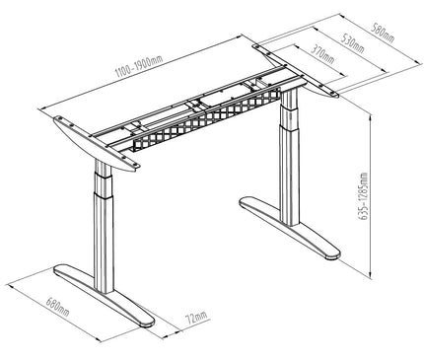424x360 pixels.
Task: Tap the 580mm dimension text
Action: [381, 33]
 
